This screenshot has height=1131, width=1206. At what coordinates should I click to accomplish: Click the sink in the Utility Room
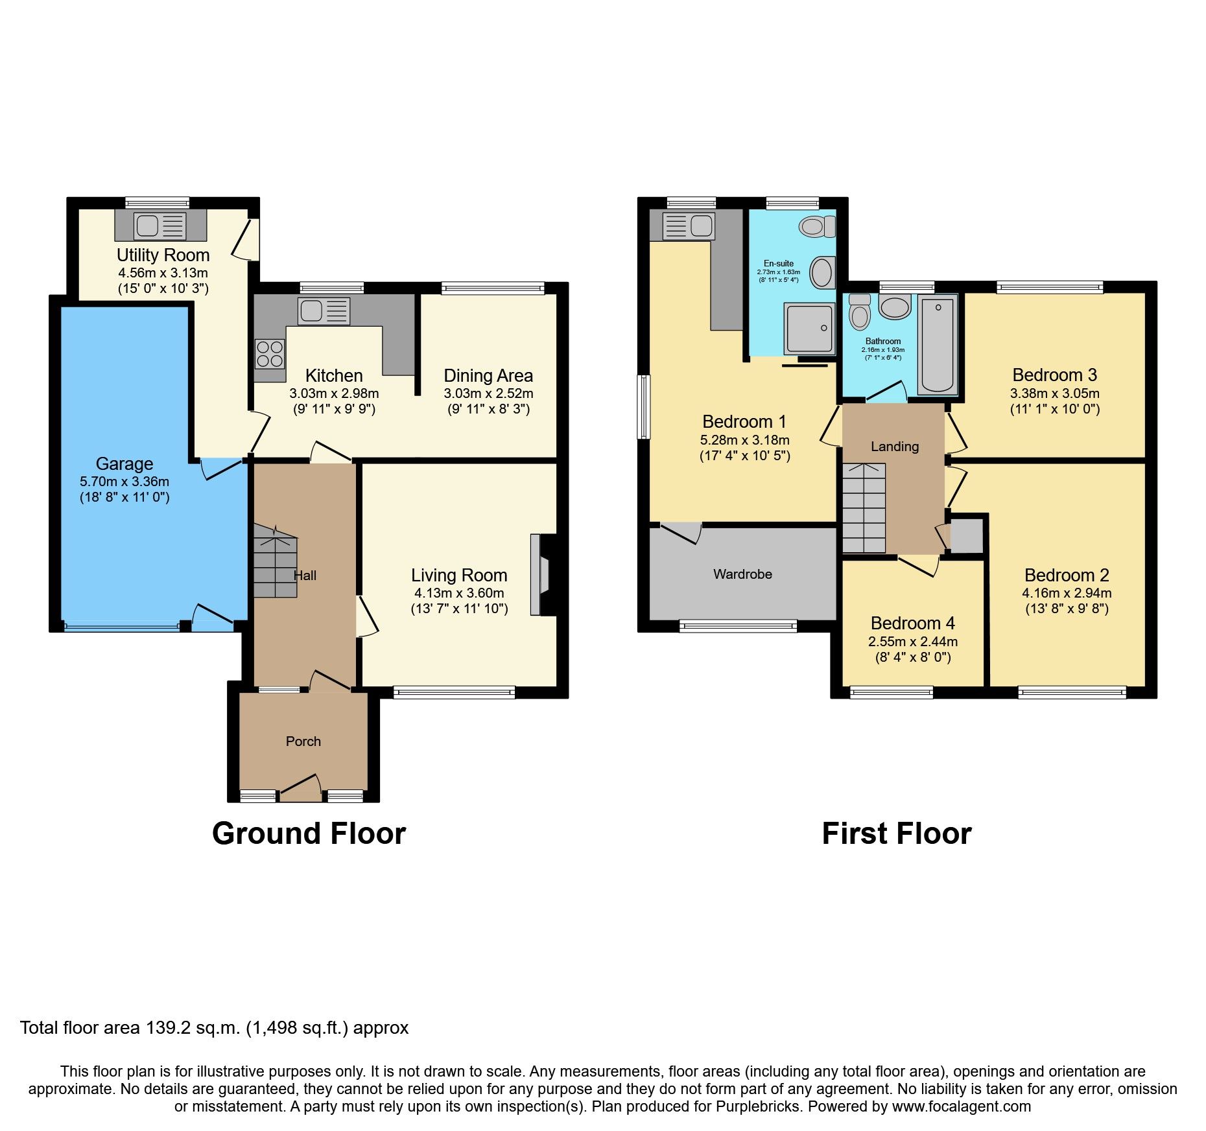point(160,226)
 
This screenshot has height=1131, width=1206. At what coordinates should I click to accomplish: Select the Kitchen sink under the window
point(324,311)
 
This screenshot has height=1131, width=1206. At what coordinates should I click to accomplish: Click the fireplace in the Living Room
point(540,574)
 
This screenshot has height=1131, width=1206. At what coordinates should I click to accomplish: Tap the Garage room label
point(124,463)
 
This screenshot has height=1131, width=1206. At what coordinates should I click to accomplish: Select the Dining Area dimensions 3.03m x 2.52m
point(488,393)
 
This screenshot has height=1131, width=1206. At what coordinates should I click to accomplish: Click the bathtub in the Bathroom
point(938,344)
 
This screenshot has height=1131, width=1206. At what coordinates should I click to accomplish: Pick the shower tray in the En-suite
point(809,328)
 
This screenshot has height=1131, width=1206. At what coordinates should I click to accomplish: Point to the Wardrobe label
point(742,574)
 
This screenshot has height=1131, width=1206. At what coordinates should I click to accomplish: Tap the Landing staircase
point(864,508)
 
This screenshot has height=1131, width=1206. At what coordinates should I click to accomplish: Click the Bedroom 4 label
point(912,624)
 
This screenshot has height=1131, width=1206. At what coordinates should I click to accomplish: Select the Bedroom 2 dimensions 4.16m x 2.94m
point(1067,593)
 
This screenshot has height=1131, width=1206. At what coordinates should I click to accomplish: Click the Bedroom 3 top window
point(1049,287)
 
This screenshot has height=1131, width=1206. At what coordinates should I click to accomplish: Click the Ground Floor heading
point(309,834)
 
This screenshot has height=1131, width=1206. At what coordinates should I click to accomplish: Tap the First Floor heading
point(896,834)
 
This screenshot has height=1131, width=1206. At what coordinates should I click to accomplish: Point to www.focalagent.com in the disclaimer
point(961,1106)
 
